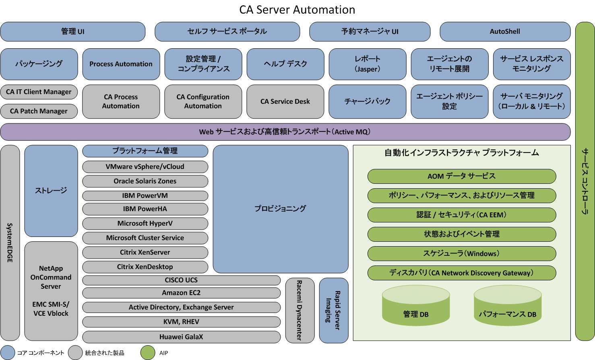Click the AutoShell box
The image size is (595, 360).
coord(505,31)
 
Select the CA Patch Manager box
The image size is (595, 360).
coord(39,111)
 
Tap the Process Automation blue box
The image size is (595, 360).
coord(121,64)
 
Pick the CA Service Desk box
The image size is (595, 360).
coord(285,101)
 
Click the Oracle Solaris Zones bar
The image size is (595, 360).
coord(145,181)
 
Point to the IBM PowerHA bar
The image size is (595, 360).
coord(145,209)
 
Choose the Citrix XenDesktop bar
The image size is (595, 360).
coord(145,267)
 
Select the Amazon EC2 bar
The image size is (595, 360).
coord(181,293)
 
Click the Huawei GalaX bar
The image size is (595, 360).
coord(181,337)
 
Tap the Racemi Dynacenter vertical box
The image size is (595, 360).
coord(300,310)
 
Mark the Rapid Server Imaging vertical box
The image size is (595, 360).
coord(333,310)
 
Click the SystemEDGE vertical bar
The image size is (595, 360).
coord(10,243)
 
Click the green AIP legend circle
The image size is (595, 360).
coord(148,353)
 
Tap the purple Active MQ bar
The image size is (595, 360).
coord(285,132)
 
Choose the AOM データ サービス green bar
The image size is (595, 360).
coord(461,176)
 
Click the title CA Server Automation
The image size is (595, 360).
coord(297,10)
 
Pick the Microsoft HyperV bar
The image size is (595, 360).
coord(145,223)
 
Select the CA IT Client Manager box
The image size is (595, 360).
coord(39,92)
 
